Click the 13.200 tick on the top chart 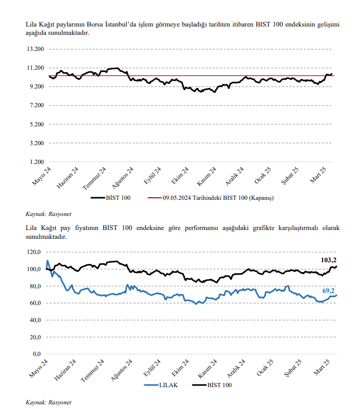pos(35,49)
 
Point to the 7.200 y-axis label pos(37,106)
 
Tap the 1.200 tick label pos(37,162)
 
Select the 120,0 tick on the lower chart pos(34,252)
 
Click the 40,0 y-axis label pos(35,320)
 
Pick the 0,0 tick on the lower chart pos(37,354)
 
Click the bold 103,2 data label pos(328,260)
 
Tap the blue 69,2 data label pos(328,291)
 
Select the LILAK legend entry pos(161,385)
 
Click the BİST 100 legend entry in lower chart pos(212,385)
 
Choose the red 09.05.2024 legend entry pos(211,198)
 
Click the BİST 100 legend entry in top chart pos(111,198)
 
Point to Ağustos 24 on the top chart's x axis pos(123,178)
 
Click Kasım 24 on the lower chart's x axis pos(207,369)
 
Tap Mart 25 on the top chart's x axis pos(318,175)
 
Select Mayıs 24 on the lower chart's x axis pos(38,368)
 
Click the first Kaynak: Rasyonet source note pos(48,214)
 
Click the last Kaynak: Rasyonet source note pos(48,402)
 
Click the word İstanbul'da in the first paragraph pos(121,24)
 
